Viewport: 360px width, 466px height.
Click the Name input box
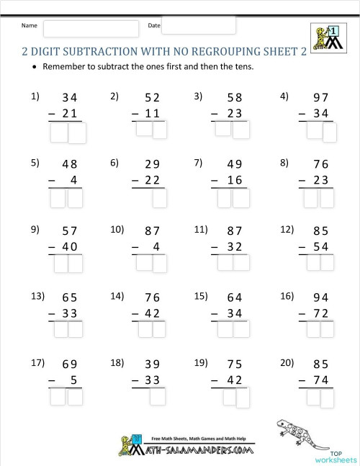pos(91,29)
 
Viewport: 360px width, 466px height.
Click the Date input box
pos(199,25)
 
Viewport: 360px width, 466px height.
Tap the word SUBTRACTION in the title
pos(102,52)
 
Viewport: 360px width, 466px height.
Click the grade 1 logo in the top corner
pos(326,38)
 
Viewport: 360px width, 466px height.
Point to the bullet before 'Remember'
pos(34,68)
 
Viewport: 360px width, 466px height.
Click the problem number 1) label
pos(35,97)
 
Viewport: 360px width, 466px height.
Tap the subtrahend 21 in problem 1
pos(70,114)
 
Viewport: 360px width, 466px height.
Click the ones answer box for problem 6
pos(159,198)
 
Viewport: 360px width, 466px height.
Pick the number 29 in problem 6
pos(151,164)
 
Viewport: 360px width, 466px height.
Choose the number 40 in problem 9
pos(70,247)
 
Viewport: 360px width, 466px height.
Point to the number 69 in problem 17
pos(69,364)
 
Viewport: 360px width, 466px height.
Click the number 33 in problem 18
pos(151,380)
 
